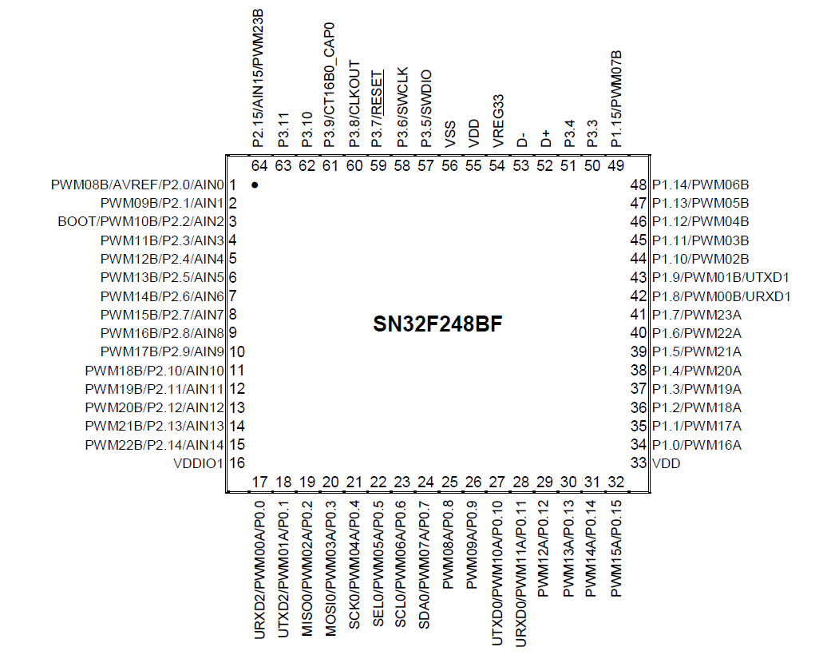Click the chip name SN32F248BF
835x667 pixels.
(437, 326)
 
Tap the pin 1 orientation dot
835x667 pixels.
(255, 185)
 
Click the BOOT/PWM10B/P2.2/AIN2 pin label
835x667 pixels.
(140, 222)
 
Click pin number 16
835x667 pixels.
(237, 463)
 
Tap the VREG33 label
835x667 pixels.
(498, 121)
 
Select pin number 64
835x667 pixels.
(259, 166)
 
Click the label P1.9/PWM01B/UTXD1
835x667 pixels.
(721, 278)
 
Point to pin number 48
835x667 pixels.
(638, 185)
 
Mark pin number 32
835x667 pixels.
(615, 482)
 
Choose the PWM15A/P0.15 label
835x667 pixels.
(615, 548)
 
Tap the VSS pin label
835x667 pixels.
(450, 134)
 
